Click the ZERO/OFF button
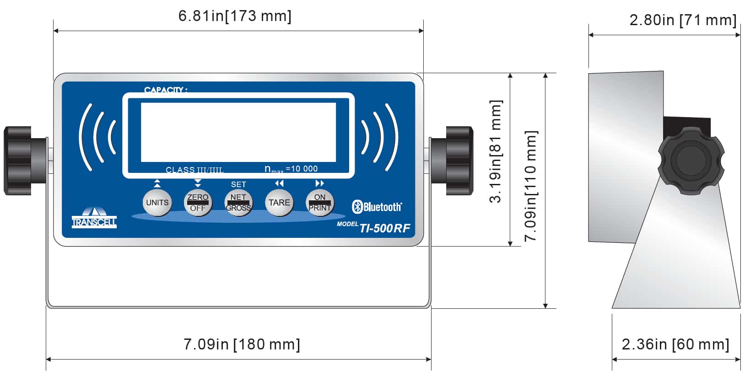[x=198, y=203]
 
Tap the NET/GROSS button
[x=238, y=203]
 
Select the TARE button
[x=279, y=203]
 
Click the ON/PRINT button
[x=319, y=203]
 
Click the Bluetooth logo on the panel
[x=377, y=207]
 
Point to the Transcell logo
[x=94, y=218]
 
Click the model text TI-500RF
[x=384, y=228]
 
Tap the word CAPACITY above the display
[x=165, y=90]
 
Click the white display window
[x=238, y=132]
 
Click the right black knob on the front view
[x=458, y=161]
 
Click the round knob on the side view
[x=691, y=161]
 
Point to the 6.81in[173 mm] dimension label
[x=235, y=16]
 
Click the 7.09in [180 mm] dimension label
[x=242, y=344]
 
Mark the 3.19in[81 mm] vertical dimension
[x=496, y=151]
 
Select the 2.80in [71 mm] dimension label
[x=683, y=20]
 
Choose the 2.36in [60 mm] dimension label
[x=675, y=344]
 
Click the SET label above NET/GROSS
[x=238, y=184]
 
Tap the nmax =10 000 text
[x=291, y=169]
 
